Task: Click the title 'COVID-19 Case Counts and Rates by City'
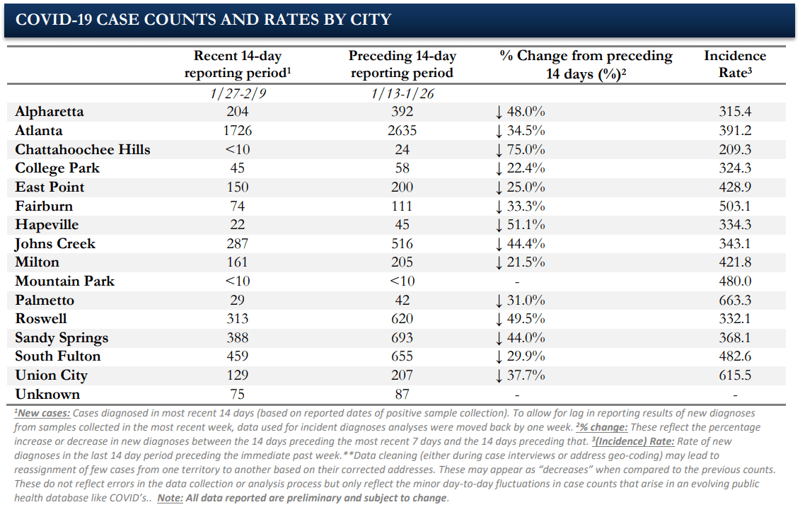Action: point(203,20)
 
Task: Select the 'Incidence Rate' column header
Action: point(735,64)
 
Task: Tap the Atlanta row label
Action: point(38,130)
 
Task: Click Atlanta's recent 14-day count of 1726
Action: point(237,130)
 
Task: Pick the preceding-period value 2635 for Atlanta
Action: point(402,130)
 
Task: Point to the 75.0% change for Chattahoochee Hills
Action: point(520,149)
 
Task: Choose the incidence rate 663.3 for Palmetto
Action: point(735,300)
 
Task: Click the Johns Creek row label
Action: point(55,244)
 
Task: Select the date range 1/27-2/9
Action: point(237,93)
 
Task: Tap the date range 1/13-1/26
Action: point(402,93)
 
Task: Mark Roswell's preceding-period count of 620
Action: point(402,319)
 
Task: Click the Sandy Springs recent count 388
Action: point(237,338)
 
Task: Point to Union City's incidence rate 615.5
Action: point(735,375)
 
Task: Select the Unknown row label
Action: point(47,394)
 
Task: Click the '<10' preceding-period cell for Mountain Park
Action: point(402,281)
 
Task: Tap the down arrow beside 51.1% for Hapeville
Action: point(499,226)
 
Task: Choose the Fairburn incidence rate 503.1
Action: point(735,206)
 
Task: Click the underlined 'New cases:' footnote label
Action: point(42,413)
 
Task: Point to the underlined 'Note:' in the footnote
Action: point(170,498)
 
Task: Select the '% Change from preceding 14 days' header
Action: point(586,64)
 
